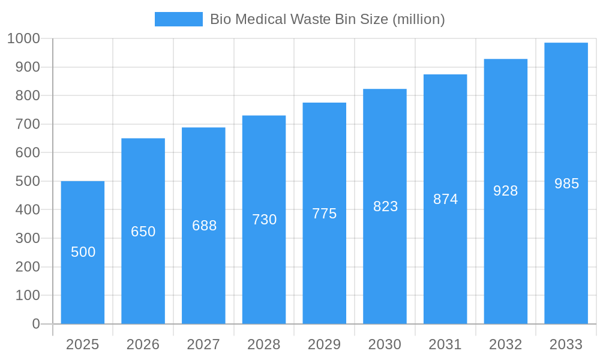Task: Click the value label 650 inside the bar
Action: click(143, 232)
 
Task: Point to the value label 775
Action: click(325, 214)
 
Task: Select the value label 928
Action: click(506, 191)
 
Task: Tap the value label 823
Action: click(385, 206)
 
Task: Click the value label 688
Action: click(204, 226)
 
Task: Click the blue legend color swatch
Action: click(179, 19)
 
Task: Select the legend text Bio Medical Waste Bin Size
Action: click(327, 19)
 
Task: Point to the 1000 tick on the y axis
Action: click(23, 38)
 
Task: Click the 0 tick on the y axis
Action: click(35, 324)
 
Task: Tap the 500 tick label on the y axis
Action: click(27, 181)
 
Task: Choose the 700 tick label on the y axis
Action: click(27, 124)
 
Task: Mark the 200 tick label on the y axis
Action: click(27, 267)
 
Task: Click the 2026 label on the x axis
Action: click(143, 344)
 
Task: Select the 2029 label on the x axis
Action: click(325, 344)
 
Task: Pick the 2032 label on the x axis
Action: click(506, 344)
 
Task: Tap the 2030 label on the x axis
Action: click(385, 344)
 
